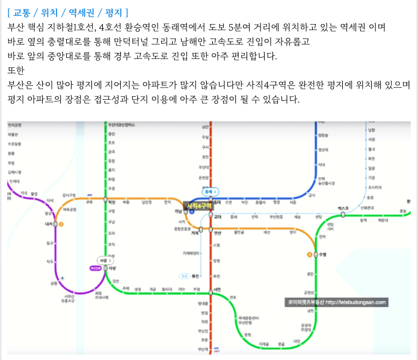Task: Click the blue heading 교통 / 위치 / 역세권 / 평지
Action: [69, 12]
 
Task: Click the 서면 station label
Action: [217, 290]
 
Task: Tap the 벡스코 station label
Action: [343, 207]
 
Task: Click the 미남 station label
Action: [178, 211]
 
